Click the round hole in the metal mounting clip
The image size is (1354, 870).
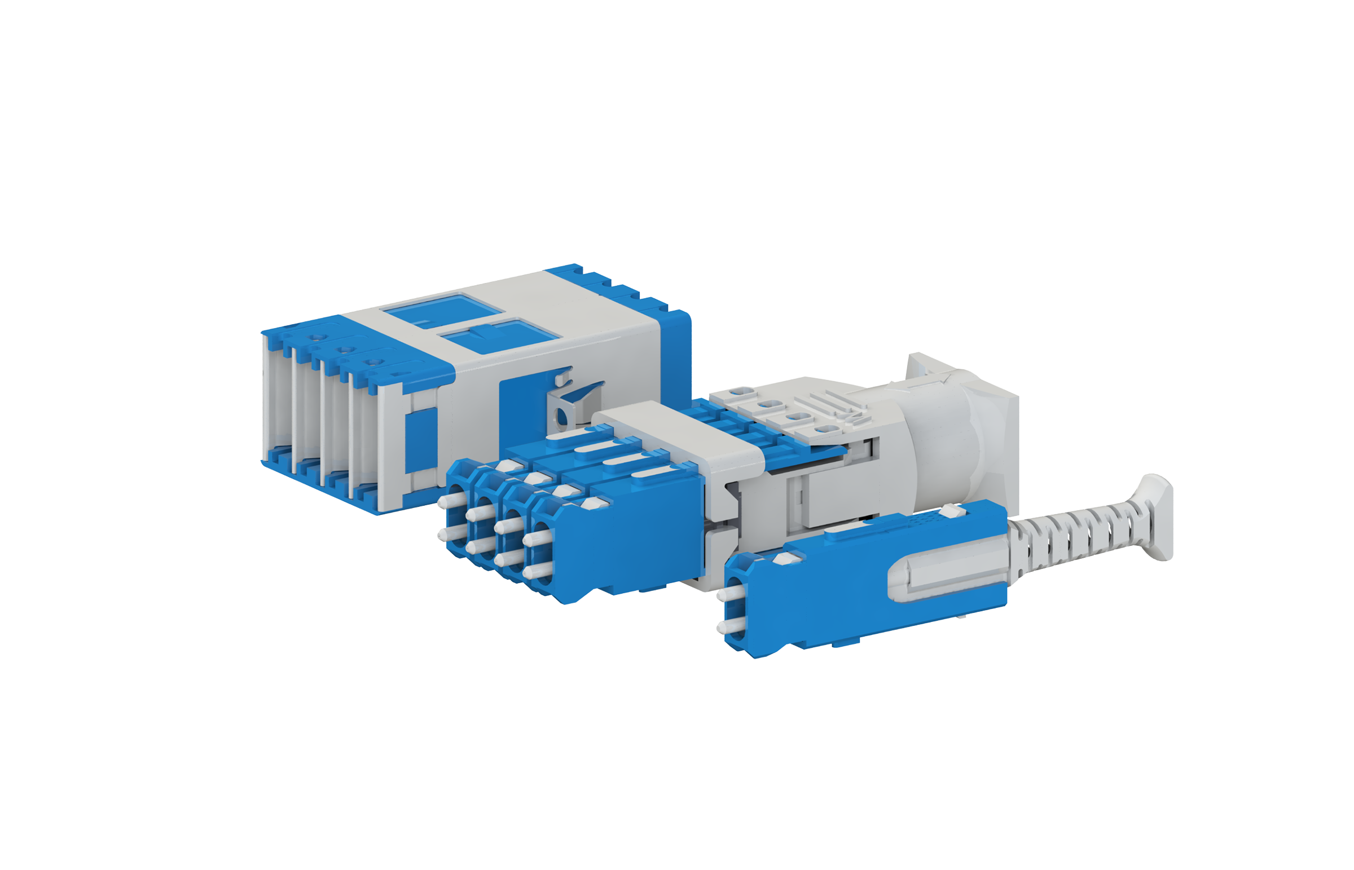[x=562, y=417]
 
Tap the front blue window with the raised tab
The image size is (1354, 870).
[x=497, y=337]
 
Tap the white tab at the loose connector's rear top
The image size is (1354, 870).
[x=952, y=511]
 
